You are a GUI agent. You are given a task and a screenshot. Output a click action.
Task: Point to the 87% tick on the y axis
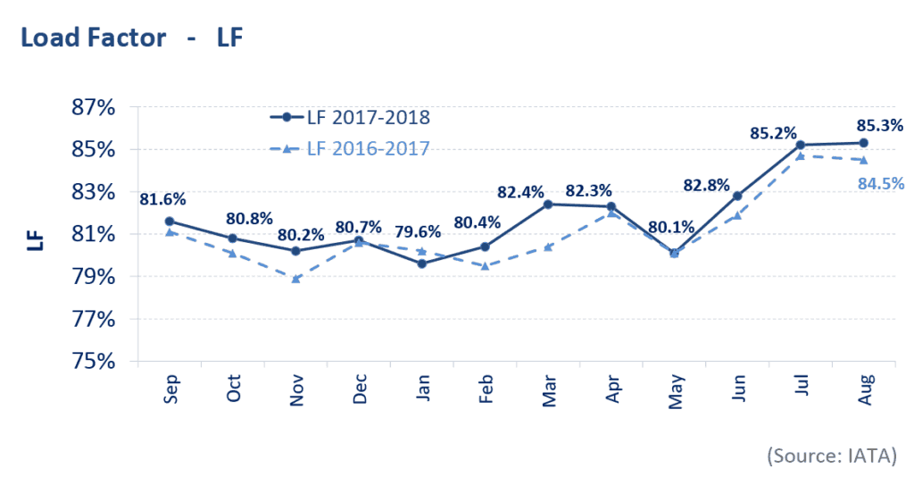point(94,107)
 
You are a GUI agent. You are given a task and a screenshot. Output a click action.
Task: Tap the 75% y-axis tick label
point(94,362)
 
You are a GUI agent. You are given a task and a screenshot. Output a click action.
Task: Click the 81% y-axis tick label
point(94,234)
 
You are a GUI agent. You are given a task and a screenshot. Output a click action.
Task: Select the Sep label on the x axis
point(170,389)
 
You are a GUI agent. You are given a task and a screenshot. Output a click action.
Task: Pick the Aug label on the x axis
point(864,389)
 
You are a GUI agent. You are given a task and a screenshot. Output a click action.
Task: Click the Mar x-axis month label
point(549,389)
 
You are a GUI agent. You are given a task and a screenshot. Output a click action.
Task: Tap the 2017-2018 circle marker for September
point(170,221)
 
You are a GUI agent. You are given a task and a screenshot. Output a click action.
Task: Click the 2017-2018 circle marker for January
point(422,263)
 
